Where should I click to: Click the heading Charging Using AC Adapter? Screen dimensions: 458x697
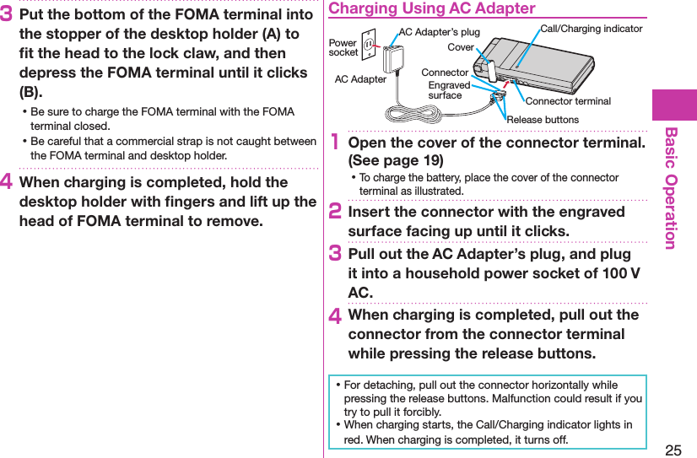coord(431,8)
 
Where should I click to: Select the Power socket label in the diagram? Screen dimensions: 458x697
coord(343,47)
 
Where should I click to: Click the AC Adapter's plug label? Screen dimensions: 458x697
coord(439,32)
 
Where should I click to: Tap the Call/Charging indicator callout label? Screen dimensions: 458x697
coord(591,29)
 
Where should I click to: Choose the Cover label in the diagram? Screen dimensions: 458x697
coord(461,47)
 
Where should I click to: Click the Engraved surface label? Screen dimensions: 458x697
coord(448,90)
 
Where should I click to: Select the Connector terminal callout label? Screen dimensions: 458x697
coord(568,101)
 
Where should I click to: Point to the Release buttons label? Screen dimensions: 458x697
coord(543,120)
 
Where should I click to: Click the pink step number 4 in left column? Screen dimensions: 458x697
coord(8,183)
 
